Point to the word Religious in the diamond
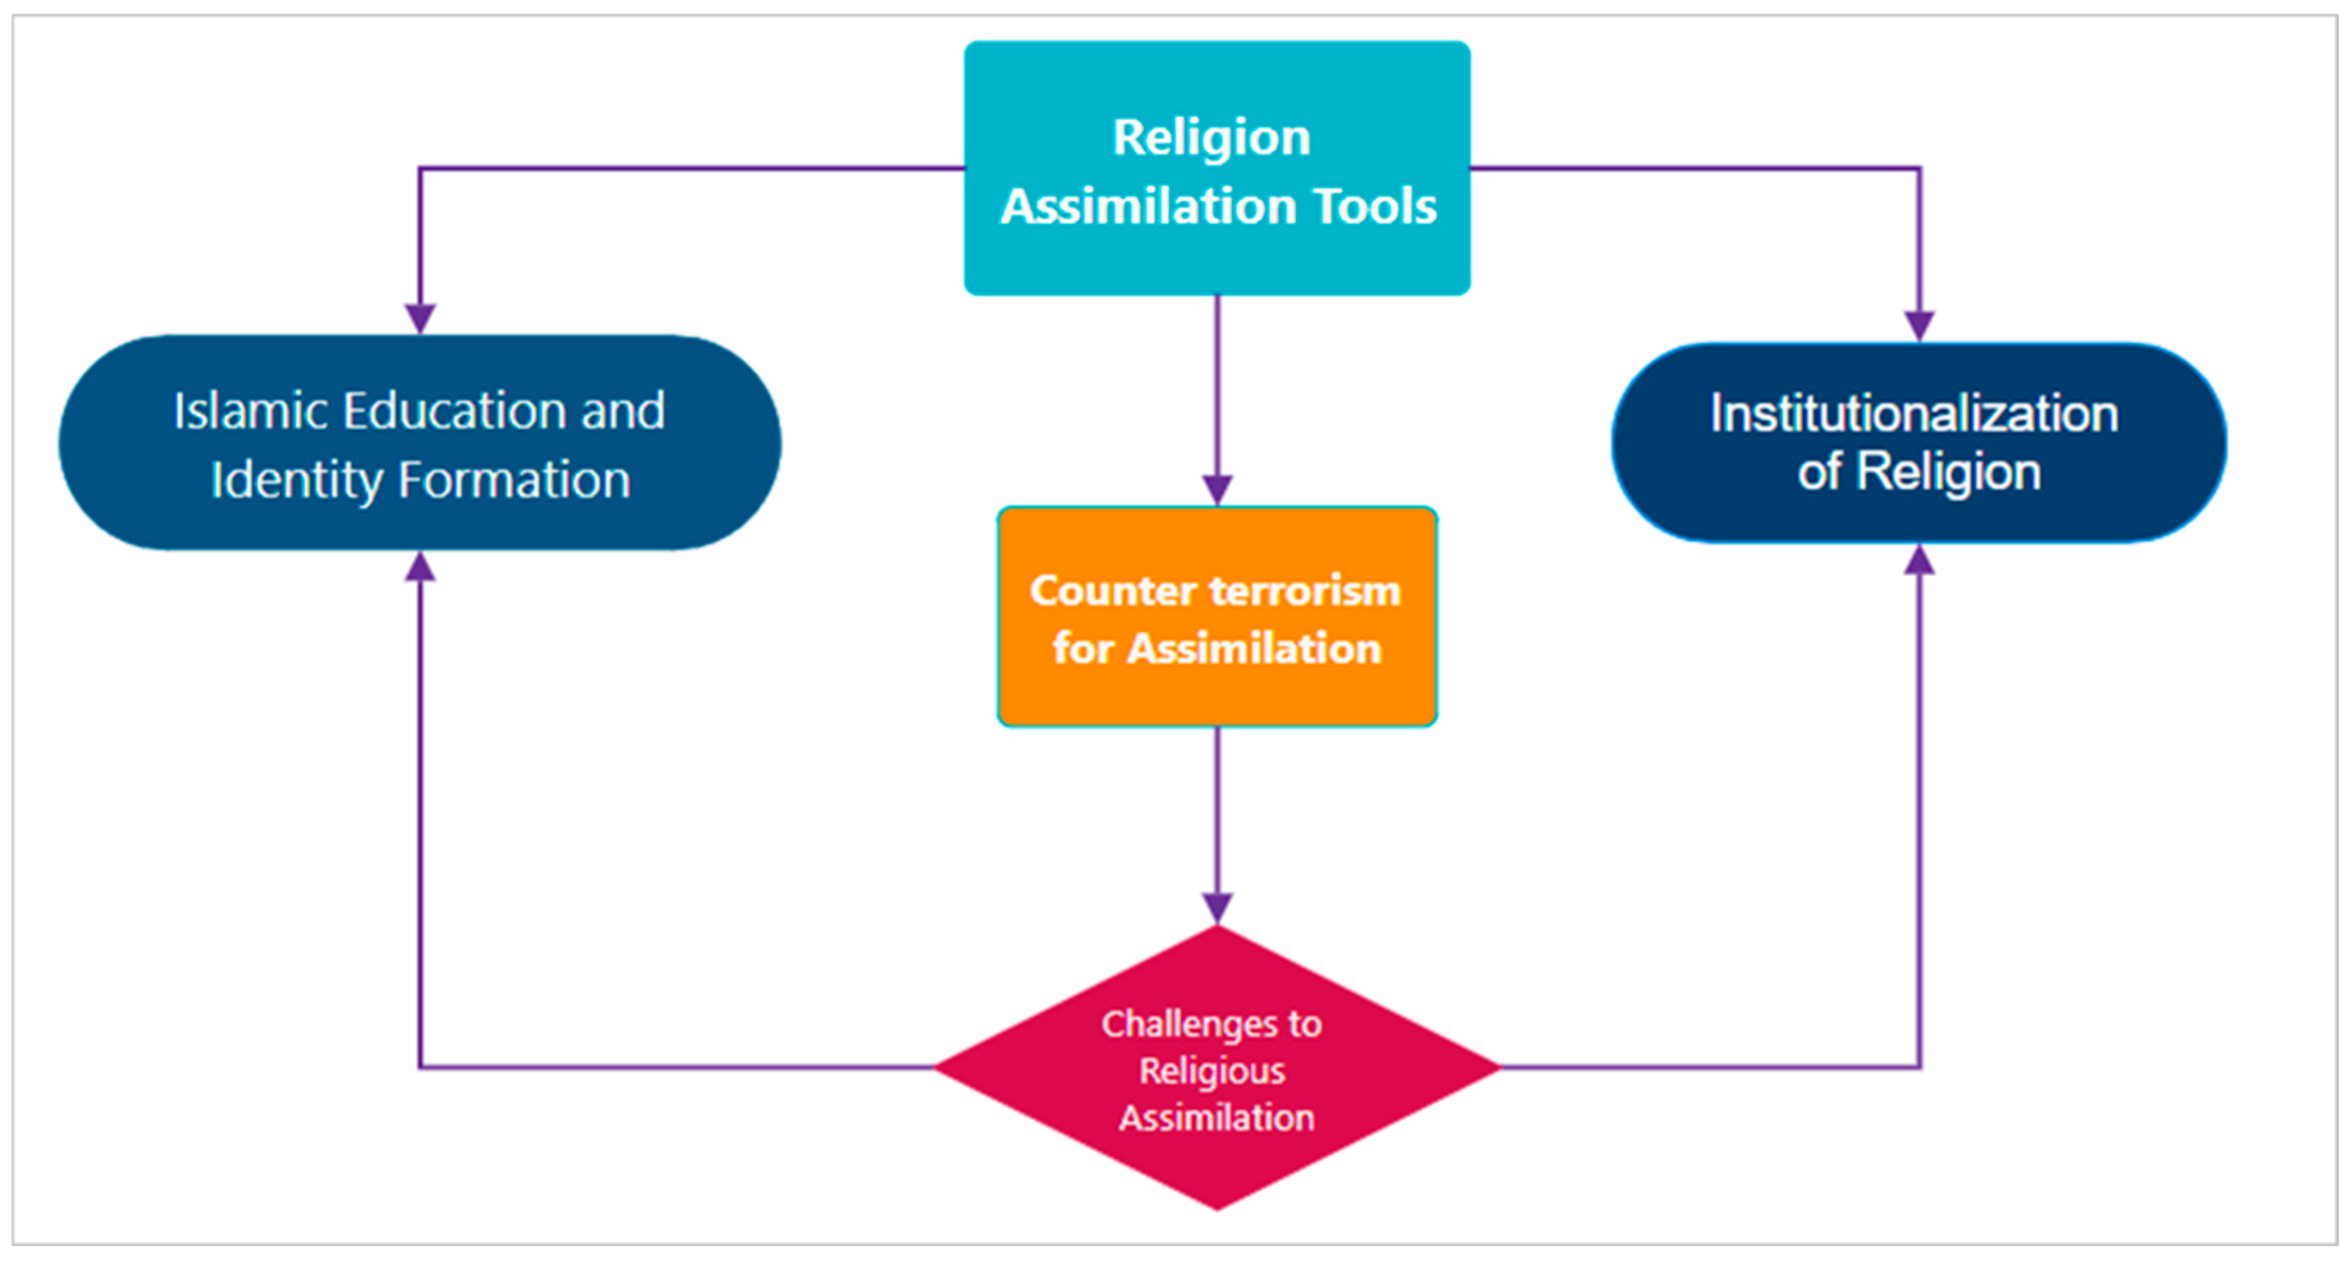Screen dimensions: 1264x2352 click(1212, 1071)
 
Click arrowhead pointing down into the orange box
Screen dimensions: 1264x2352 click(1217, 491)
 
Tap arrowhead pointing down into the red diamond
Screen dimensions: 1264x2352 click(1217, 908)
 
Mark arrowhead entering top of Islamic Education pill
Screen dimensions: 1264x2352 click(420, 319)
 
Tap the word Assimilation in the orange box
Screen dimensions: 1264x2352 click(1255, 649)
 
